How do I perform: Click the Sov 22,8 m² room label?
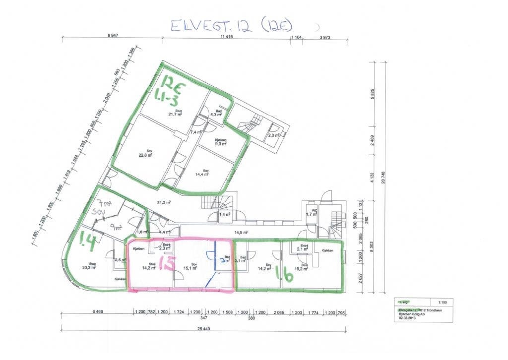(149, 153)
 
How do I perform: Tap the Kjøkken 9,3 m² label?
(221, 142)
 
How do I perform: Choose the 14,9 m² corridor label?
(241, 232)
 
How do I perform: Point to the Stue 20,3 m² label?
(89, 266)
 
